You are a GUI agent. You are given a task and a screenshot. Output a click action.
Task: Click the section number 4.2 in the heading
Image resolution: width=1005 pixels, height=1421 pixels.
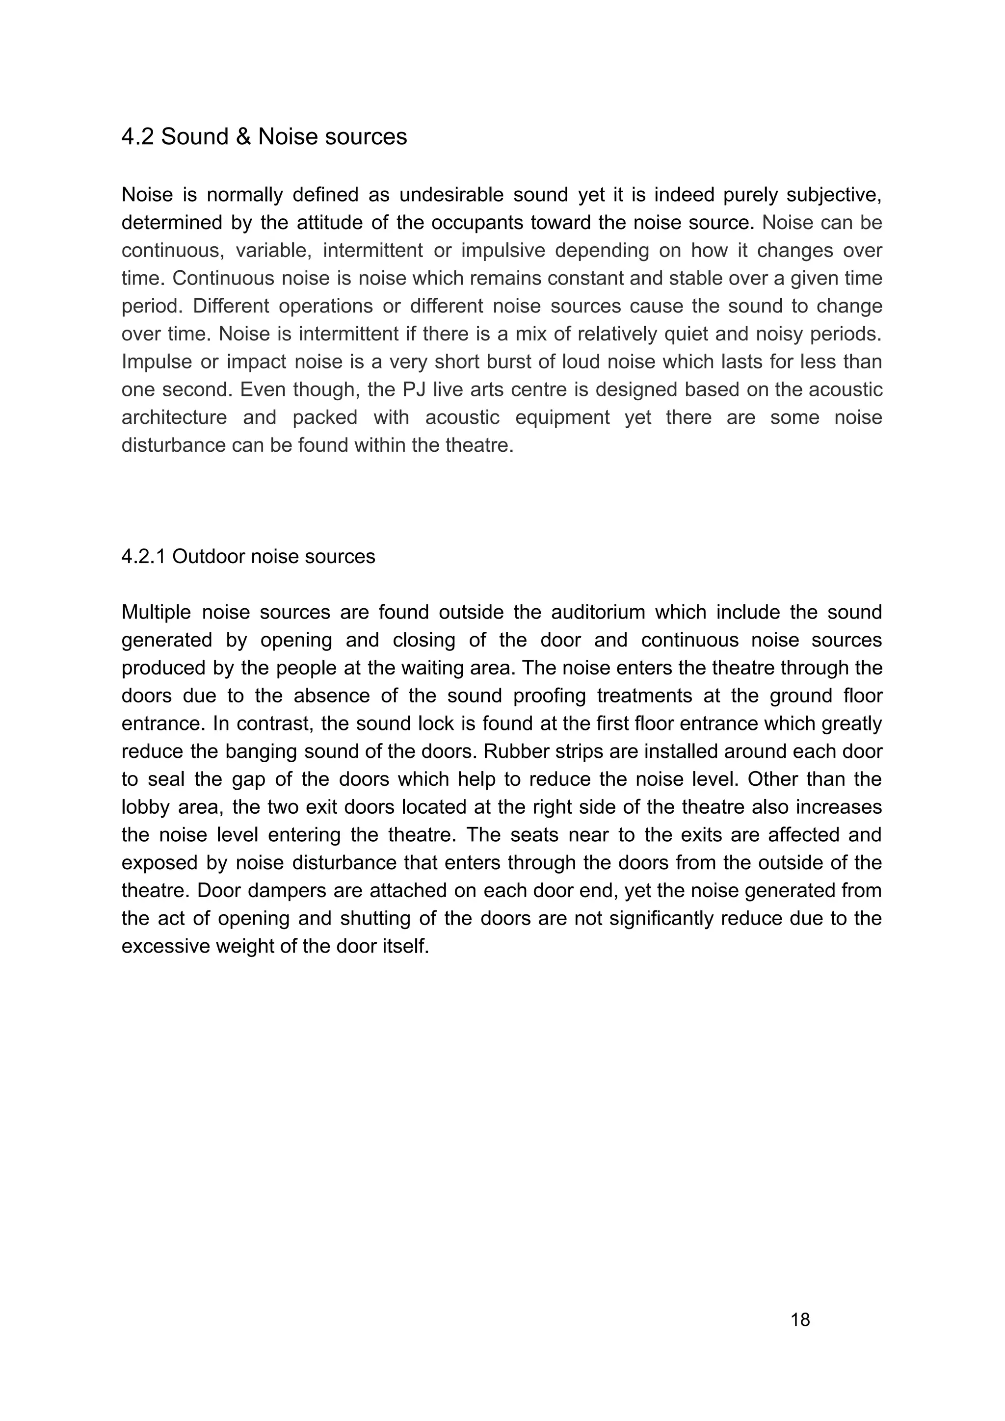pyautogui.click(x=137, y=137)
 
